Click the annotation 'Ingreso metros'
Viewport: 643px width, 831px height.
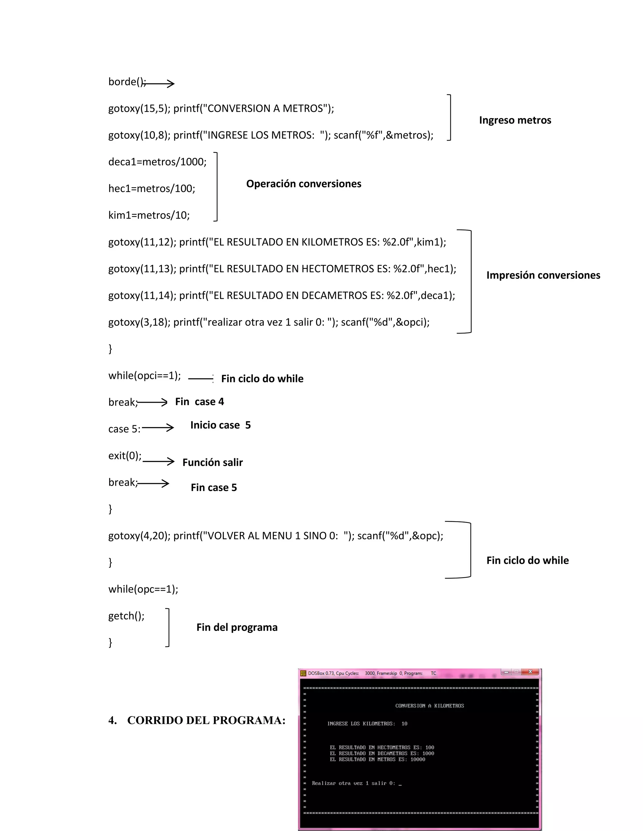(515, 120)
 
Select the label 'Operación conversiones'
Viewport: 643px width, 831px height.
(304, 184)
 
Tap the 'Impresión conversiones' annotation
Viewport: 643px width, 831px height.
(543, 275)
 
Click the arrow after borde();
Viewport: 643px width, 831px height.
(159, 83)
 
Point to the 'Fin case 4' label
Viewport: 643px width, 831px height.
(199, 402)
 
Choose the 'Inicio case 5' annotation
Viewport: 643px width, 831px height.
(220, 425)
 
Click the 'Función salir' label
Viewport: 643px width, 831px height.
(213, 462)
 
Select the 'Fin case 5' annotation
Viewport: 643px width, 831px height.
(214, 487)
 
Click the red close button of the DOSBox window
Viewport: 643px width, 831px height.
(530, 672)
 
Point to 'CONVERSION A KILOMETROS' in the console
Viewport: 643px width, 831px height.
(429, 706)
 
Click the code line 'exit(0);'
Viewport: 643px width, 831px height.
(125, 456)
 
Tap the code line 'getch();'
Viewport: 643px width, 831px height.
(127, 616)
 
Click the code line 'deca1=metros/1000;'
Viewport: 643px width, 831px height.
(157, 162)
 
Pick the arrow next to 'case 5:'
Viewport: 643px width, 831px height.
(158, 428)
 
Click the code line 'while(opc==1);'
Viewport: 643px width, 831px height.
(143, 589)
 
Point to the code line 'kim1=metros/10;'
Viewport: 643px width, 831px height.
(149, 215)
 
